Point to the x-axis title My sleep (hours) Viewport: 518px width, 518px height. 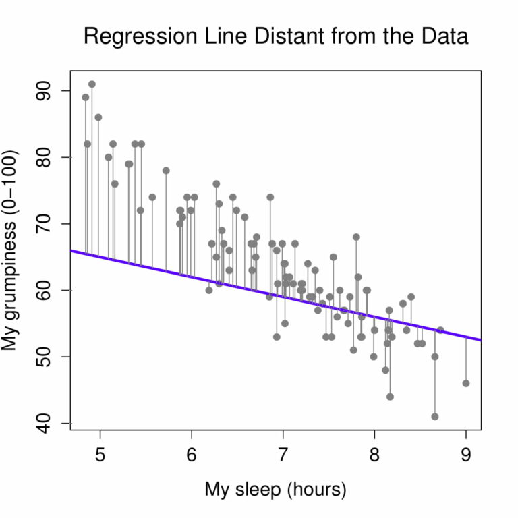[x=275, y=490]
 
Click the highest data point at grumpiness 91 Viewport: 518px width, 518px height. [x=92, y=84]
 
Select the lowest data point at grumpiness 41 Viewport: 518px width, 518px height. [x=435, y=416]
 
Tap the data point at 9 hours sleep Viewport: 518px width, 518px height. [x=466, y=383]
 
